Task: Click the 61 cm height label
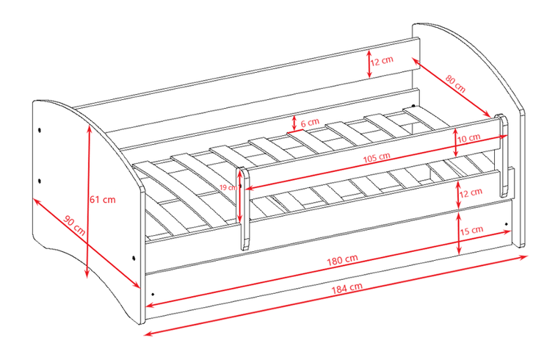103,199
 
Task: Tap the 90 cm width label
74,226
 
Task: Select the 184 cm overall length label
347,288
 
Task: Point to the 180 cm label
342,259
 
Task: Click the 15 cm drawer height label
471,231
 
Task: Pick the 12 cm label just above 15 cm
471,192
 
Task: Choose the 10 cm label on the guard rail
468,138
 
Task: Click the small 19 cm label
228,187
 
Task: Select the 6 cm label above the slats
310,123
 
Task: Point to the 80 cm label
455,84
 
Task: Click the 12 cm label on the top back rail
382,60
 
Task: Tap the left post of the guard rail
244,209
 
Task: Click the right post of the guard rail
502,155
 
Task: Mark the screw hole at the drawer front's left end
153,295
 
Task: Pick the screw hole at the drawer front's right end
506,224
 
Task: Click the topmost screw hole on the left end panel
39,129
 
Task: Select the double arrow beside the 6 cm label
294,123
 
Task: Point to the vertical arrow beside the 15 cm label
459,233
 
